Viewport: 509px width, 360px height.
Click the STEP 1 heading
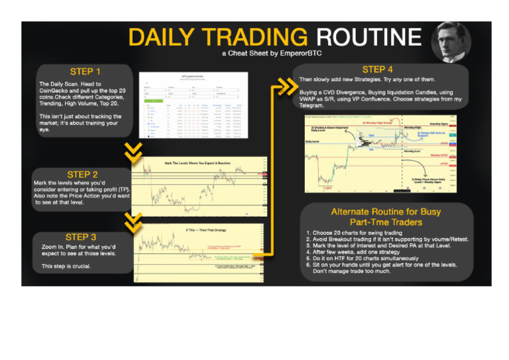tap(85, 72)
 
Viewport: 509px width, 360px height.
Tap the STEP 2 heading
tap(82, 174)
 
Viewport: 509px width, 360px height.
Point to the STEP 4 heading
tap(378, 69)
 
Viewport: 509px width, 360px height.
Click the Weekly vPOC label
tap(439, 156)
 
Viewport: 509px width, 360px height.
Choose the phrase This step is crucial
tap(68, 266)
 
